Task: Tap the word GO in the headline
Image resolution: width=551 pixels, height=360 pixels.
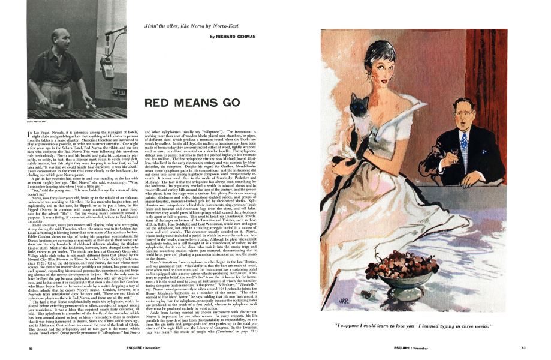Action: pos(227,103)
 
